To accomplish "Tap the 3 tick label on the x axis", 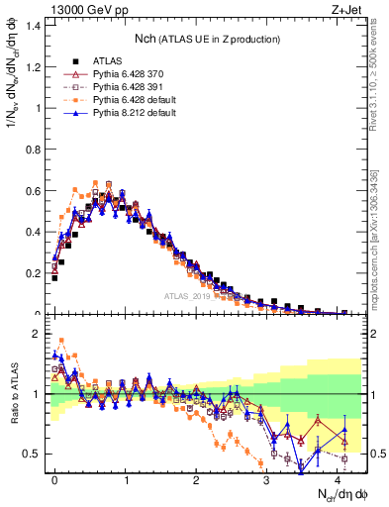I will click(x=267, y=477).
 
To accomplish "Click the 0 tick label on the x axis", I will click(x=55, y=477).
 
